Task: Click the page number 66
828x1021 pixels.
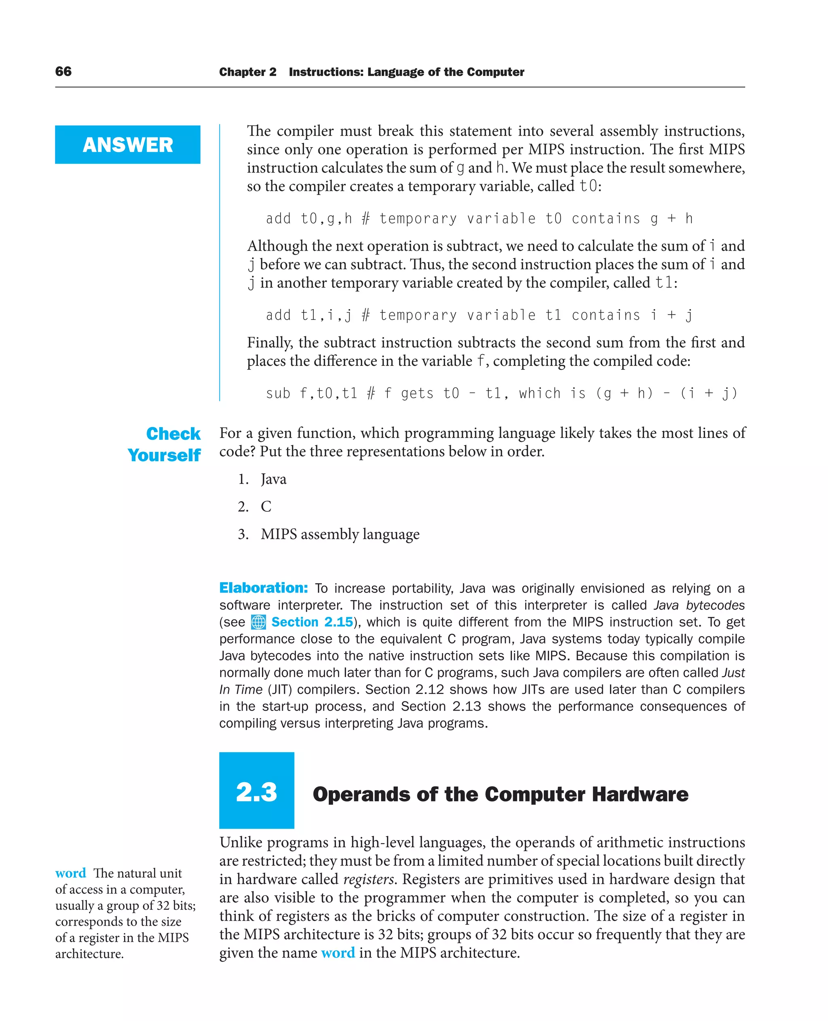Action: (63, 72)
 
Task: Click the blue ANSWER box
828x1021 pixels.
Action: (127, 144)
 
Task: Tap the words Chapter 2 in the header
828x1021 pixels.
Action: (247, 72)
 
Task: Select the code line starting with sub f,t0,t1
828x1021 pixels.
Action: (501, 393)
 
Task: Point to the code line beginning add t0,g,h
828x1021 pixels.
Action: (479, 218)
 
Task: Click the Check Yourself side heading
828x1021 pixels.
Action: (165, 444)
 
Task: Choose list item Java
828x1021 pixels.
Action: (273, 479)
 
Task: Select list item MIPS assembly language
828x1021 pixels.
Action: (340, 534)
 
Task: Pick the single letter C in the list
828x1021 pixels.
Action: (266, 506)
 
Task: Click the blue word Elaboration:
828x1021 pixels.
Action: (263, 588)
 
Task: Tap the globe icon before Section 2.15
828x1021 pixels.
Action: (258, 622)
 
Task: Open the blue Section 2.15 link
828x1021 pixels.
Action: (312, 622)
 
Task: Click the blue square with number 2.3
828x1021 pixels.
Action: (256, 792)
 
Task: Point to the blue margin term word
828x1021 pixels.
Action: (71, 873)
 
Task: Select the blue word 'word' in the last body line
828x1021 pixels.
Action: (338, 953)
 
